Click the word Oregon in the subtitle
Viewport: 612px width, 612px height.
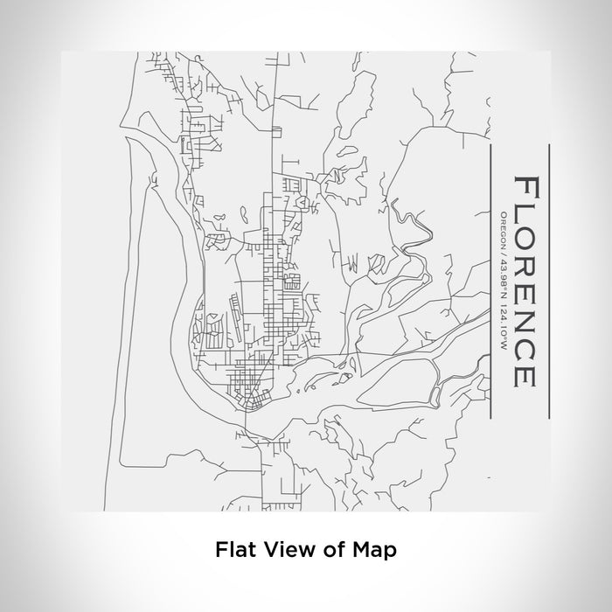pos(503,230)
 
